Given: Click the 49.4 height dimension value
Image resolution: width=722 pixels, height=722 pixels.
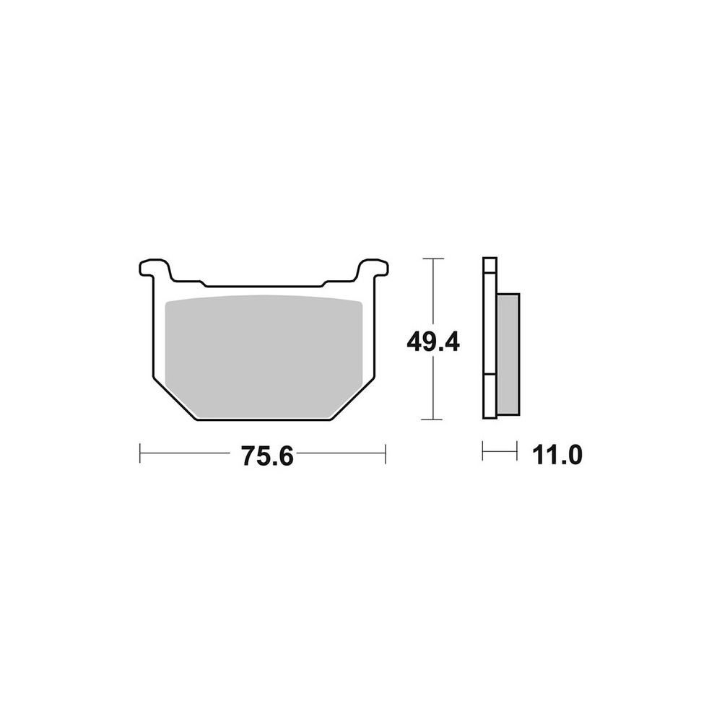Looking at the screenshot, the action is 432,342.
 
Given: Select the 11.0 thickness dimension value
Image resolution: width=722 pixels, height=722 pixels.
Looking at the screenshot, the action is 557,456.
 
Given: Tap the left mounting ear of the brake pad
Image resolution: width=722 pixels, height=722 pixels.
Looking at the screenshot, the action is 154,269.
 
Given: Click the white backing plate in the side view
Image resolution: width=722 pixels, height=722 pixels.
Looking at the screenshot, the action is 490,338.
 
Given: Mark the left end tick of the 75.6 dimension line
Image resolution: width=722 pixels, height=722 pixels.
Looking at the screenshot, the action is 139,453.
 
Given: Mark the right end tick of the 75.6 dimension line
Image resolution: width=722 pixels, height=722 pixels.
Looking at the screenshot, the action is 385,453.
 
